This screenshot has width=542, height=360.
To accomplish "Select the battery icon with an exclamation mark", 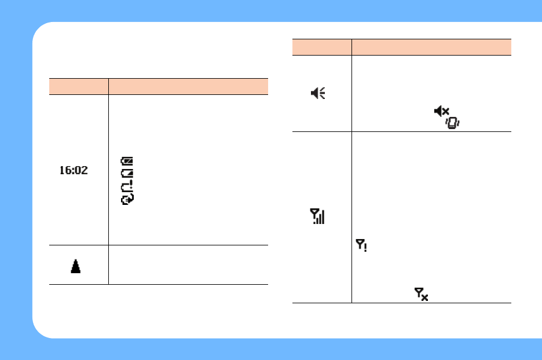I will pos(127,186).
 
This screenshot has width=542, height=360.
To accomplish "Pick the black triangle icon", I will pos(76,266).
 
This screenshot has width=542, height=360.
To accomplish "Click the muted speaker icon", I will pos(441,111).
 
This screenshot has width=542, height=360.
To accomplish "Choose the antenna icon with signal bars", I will pos(318,217).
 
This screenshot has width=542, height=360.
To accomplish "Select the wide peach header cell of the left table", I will pos(188,86).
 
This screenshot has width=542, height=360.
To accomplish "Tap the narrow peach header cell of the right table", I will pos(321,47).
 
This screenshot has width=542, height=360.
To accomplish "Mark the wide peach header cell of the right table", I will pos(431,47).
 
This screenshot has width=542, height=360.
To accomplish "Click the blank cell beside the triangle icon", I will pos(188,265).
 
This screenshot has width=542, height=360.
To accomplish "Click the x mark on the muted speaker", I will pos(446,111).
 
